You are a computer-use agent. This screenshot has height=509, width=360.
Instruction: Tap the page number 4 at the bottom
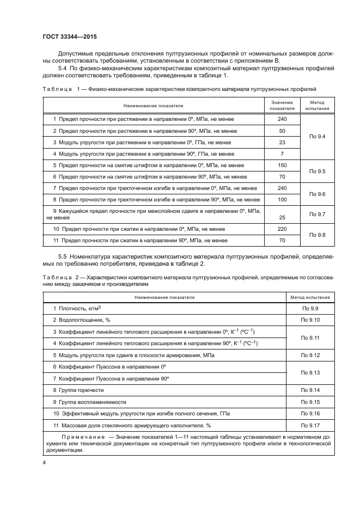coord(44,462)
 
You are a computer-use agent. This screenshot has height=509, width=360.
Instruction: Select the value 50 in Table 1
coord(282,131)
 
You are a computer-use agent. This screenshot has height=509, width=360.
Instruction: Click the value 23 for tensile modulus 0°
coord(282,142)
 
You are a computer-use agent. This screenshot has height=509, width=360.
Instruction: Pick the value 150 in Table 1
coord(282,165)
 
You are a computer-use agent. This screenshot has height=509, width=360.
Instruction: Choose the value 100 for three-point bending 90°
coord(282,200)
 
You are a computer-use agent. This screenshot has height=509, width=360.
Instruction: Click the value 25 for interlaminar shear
coord(282,217)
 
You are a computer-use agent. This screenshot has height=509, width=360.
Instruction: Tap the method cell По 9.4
coord(317,136)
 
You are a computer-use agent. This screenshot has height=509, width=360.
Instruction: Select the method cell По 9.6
coord(317,194)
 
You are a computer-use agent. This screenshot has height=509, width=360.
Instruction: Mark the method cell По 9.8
coord(317,235)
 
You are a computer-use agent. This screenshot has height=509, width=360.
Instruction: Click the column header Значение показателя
coord(282,105)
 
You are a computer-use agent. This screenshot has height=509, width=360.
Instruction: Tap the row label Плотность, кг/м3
coord(79,309)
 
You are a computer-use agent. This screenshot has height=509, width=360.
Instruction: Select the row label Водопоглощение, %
coord(82,320)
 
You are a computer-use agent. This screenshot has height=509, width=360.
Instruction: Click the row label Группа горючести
coord(78,390)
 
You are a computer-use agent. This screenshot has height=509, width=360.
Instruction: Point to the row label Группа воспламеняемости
coord(90,402)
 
